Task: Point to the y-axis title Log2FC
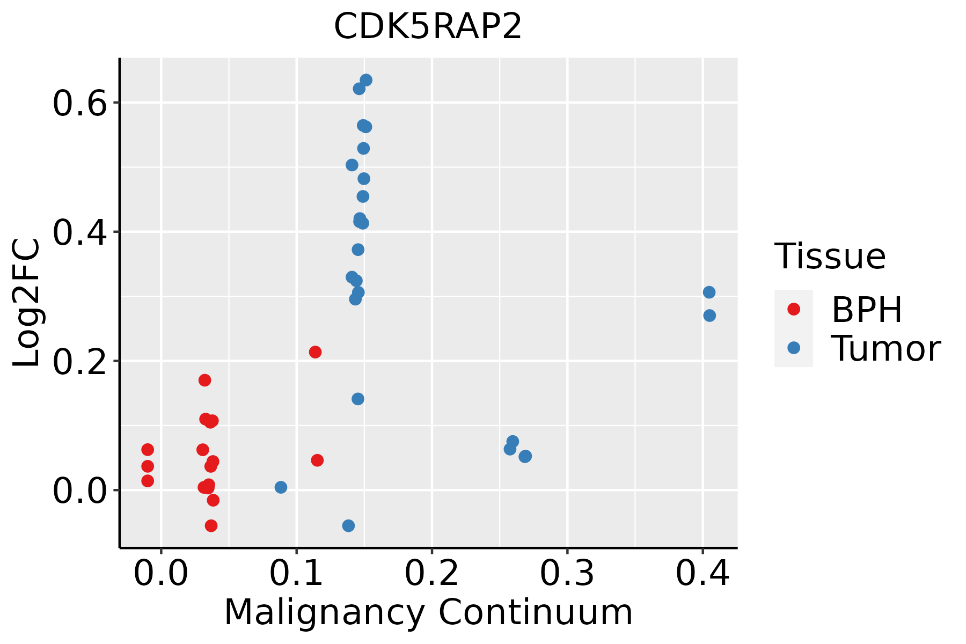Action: tap(27, 303)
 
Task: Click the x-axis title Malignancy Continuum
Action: tap(428, 612)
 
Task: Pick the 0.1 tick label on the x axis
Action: tap(296, 574)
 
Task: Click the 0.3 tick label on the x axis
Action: tap(567, 574)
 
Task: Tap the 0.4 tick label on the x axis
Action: tap(702, 574)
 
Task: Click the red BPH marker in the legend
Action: tap(793, 309)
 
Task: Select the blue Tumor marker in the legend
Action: tap(793, 348)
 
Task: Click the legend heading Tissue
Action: tap(830, 257)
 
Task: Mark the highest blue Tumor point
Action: tap(366, 80)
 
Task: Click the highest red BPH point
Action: tap(315, 352)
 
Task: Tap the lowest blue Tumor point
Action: tap(348, 525)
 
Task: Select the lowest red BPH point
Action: tap(211, 525)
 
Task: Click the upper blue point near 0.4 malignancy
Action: tap(709, 292)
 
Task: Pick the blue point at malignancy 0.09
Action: tap(281, 487)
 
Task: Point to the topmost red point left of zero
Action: tap(148, 450)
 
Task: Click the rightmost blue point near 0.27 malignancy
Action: tap(525, 456)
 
